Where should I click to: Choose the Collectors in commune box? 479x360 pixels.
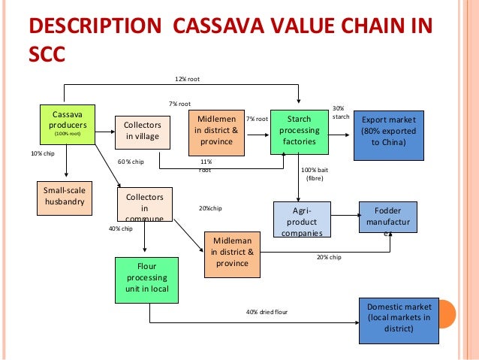(x=145, y=203)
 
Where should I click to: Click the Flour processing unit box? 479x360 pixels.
(x=146, y=277)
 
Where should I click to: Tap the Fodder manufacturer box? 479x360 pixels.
(x=388, y=220)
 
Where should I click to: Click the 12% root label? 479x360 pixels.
(x=187, y=79)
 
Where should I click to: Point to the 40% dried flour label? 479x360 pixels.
(x=267, y=312)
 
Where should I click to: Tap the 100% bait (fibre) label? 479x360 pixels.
(x=315, y=174)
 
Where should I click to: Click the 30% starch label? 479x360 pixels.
(x=339, y=113)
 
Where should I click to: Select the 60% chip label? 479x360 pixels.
(x=131, y=162)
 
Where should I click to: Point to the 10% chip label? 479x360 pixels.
(x=42, y=153)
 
